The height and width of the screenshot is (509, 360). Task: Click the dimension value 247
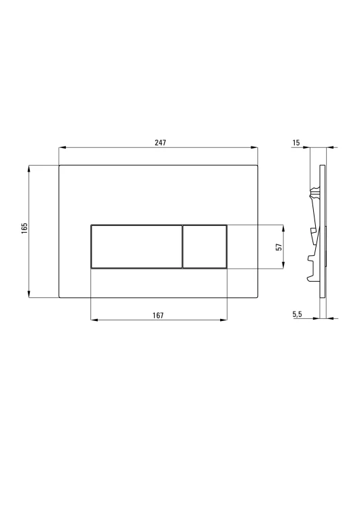pos(160,143)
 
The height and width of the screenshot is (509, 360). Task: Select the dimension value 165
pos(24,228)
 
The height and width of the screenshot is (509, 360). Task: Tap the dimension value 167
pos(158,315)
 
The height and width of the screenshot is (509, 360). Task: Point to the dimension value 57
pos(278,247)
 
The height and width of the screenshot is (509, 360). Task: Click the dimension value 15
pos(296,143)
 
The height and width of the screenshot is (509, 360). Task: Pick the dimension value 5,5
pos(297,314)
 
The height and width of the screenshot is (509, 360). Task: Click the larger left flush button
pos(137,247)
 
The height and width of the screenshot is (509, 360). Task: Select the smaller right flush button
pos(204,247)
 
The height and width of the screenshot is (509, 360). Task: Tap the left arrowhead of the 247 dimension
pos(62,148)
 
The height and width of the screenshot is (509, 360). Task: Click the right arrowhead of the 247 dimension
pos(255,148)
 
